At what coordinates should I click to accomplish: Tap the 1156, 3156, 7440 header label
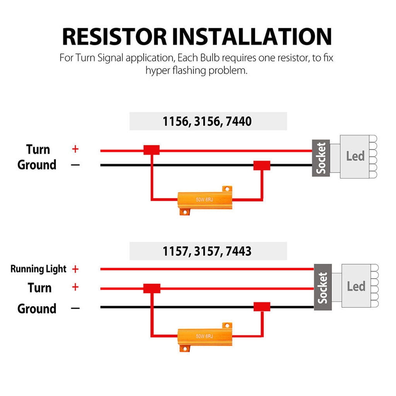click(208, 121)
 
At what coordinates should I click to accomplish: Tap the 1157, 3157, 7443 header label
click(208, 251)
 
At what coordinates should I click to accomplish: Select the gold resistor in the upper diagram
click(204, 200)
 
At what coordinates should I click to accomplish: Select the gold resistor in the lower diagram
click(204, 335)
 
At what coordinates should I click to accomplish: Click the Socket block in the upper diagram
click(321, 158)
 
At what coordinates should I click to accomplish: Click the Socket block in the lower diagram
click(323, 287)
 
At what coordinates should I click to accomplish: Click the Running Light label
click(38, 269)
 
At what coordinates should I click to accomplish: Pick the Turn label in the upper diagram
click(38, 149)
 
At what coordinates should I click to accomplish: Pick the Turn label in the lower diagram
click(39, 288)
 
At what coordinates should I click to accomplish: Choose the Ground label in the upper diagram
click(37, 165)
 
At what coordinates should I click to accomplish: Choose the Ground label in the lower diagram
click(37, 309)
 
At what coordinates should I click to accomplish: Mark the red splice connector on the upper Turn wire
click(152, 150)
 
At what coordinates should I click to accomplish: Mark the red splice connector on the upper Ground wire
click(261, 166)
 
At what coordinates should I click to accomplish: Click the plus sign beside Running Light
click(75, 269)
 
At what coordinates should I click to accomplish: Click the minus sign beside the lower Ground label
click(75, 309)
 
